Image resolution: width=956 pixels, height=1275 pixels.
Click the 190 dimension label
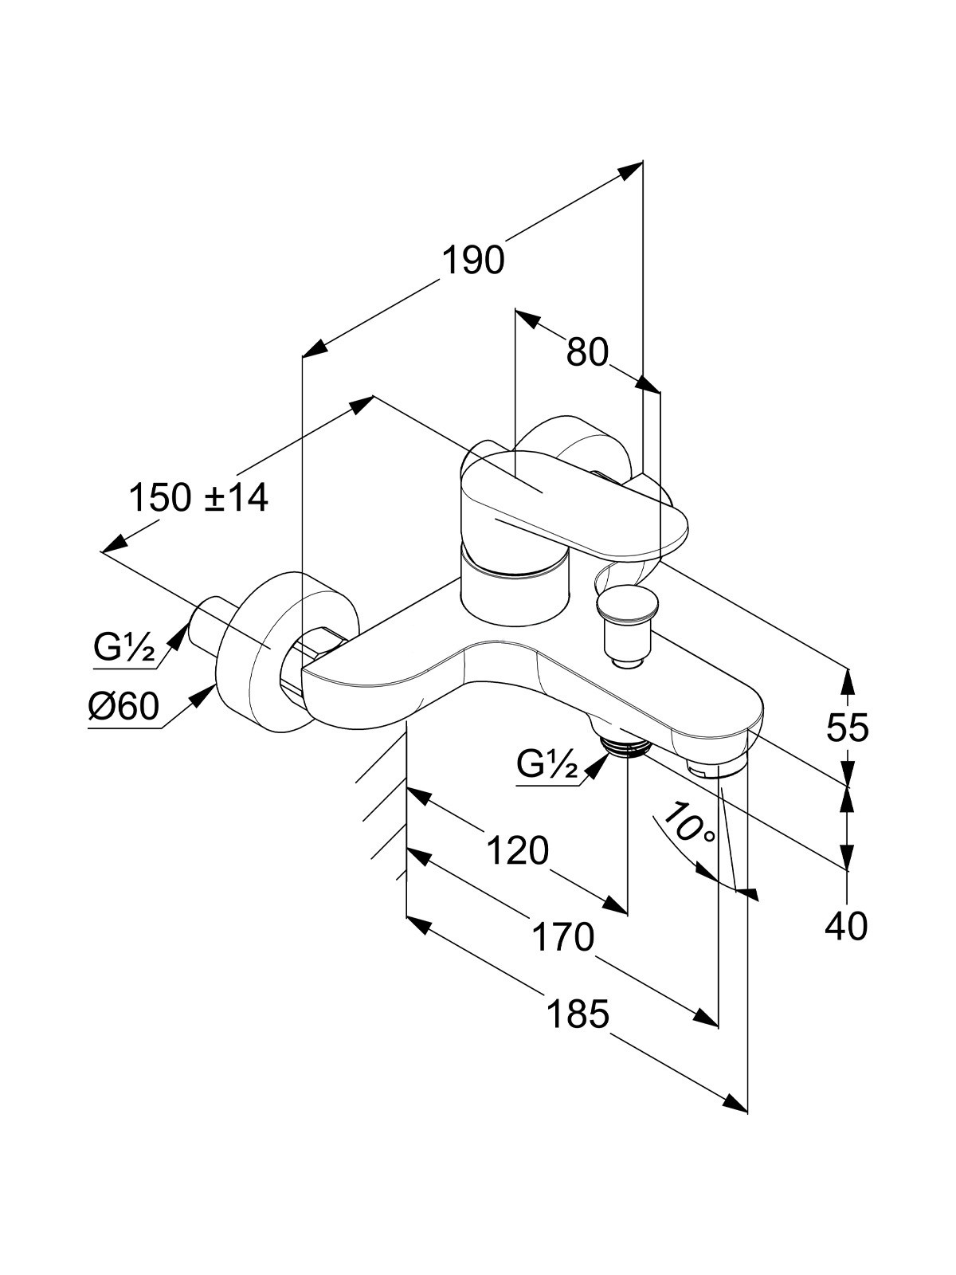(x=474, y=260)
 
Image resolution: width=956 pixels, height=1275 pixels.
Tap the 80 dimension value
(x=587, y=352)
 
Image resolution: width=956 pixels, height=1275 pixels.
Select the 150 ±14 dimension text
(x=198, y=498)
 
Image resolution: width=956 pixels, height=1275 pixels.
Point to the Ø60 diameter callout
(x=123, y=707)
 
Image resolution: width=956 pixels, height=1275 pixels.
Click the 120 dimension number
(x=517, y=851)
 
